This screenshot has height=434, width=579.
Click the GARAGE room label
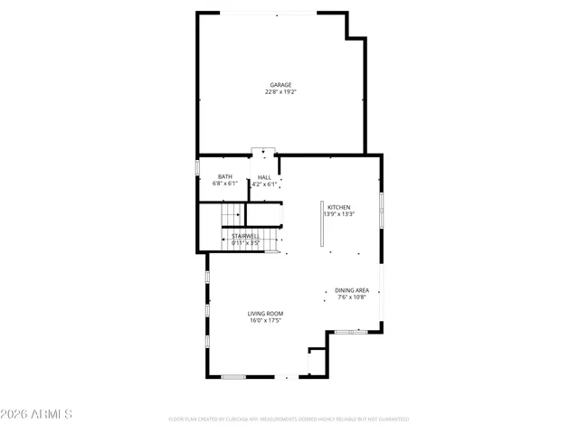click(x=280, y=85)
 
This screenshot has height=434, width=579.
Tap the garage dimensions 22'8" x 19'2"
click(x=280, y=91)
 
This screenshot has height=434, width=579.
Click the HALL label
click(x=264, y=177)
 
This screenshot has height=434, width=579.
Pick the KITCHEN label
click(x=338, y=207)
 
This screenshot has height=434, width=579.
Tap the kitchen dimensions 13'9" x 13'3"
click(x=339, y=213)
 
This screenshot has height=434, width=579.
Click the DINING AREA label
click(x=352, y=290)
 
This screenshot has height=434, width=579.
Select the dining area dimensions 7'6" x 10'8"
click(x=352, y=297)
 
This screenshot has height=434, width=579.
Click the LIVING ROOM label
click(x=266, y=314)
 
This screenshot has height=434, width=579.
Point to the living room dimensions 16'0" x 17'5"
click(x=266, y=320)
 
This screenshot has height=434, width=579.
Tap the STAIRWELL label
click(x=245, y=236)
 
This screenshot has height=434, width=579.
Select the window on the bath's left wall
click(x=199, y=169)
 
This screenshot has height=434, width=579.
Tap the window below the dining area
click(x=351, y=332)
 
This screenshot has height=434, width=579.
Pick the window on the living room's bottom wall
click(x=233, y=376)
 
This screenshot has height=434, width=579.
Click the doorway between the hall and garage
click(x=263, y=153)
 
